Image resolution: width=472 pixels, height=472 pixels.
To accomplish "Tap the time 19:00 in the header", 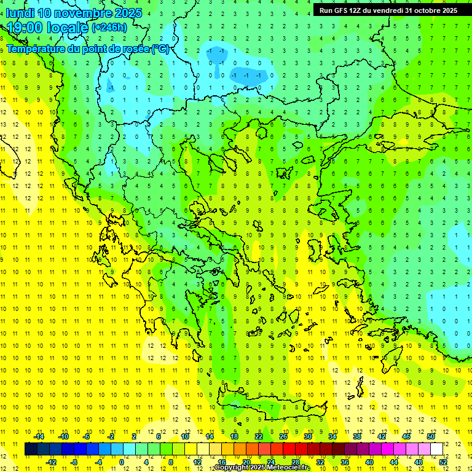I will [x=26, y=28].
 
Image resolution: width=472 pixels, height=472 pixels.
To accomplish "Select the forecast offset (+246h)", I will [x=109, y=28].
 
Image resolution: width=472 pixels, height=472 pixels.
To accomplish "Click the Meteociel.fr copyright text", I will [x=262, y=468].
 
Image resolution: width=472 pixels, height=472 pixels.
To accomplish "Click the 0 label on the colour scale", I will [x=122, y=462].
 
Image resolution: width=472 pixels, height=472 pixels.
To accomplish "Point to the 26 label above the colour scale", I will [x=283, y=436].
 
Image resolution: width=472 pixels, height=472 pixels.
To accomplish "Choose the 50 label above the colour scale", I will [x=431, y=436].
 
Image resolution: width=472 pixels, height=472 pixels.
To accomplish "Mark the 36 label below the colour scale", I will [x=344, y=462].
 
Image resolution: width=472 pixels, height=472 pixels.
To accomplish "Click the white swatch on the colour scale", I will [x=436, y=449].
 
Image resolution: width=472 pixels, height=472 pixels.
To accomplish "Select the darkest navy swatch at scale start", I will [x=31, y=449].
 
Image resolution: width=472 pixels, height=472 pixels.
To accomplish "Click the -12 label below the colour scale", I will [x=51, y=462].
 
